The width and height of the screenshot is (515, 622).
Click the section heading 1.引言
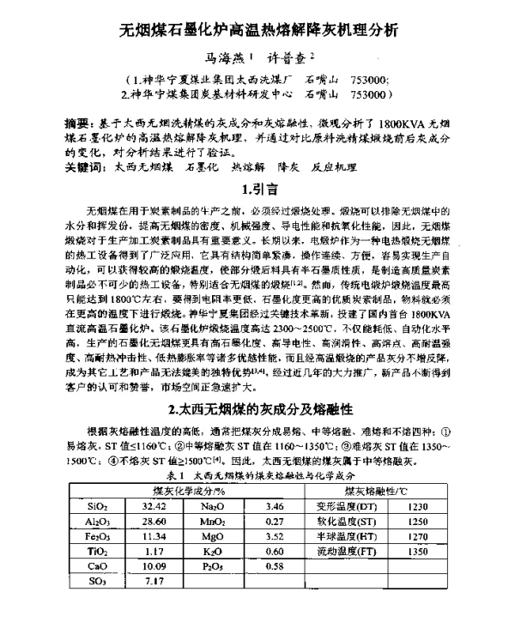click(257, 189)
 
